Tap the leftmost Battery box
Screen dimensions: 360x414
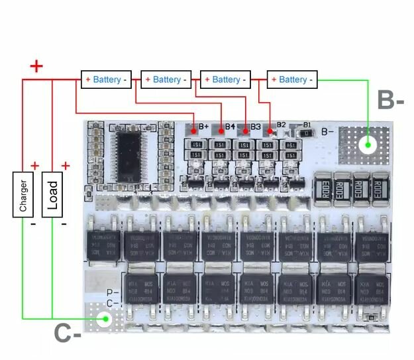(x=107, y=80)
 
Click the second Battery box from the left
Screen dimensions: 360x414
(x=166, y=80)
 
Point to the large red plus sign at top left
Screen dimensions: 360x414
(x=36, y=66)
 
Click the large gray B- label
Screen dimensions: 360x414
(x=390, y=101)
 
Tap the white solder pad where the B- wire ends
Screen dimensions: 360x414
(x=368, y=145)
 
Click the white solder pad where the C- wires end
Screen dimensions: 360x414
(x=103, y=320)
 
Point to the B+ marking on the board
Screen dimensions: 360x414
(x=203, y=126)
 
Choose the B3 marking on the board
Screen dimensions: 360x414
(x=255, y=126)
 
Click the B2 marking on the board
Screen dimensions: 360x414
(x=281, y=125)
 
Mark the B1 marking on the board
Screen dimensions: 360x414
(x=307, y=125)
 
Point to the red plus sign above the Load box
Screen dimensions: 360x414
(x=65, y=166)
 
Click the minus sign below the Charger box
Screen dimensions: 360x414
(x=32, y=225)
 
